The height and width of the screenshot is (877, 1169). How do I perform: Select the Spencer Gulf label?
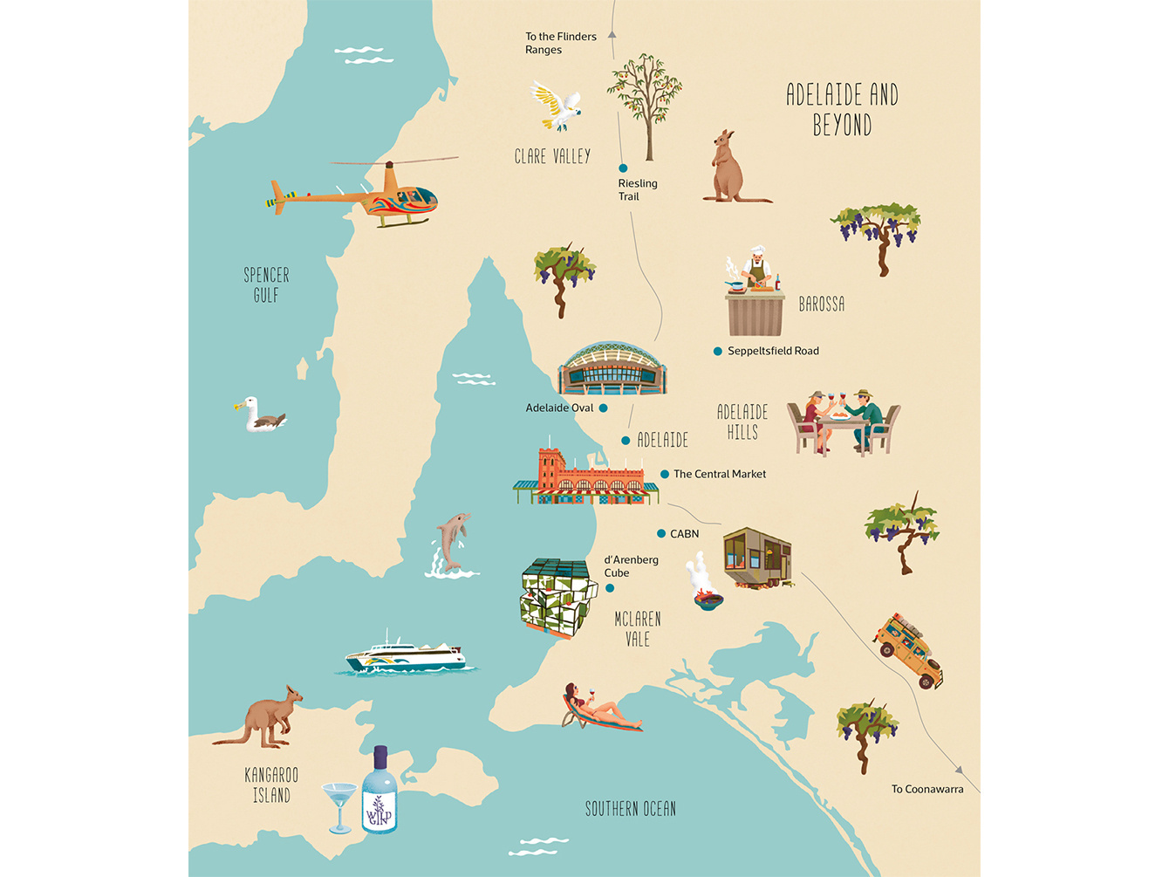coord(266,285)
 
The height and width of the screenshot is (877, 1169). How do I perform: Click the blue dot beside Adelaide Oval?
coord(603,408)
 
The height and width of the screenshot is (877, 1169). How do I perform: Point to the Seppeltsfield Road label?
coord(773,351)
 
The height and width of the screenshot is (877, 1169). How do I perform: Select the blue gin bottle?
coord(379,791)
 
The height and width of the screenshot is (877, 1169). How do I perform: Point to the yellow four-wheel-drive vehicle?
coord(910,649)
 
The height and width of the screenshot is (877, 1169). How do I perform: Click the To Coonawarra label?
coord(927,789)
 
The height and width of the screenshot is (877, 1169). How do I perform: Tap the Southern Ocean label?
coord(630,809)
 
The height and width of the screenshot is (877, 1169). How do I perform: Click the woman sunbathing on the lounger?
coord(600,709)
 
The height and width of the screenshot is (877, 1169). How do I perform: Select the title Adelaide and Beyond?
coord(842,109)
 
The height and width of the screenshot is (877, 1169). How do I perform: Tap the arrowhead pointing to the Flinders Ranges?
coord(612,35)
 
